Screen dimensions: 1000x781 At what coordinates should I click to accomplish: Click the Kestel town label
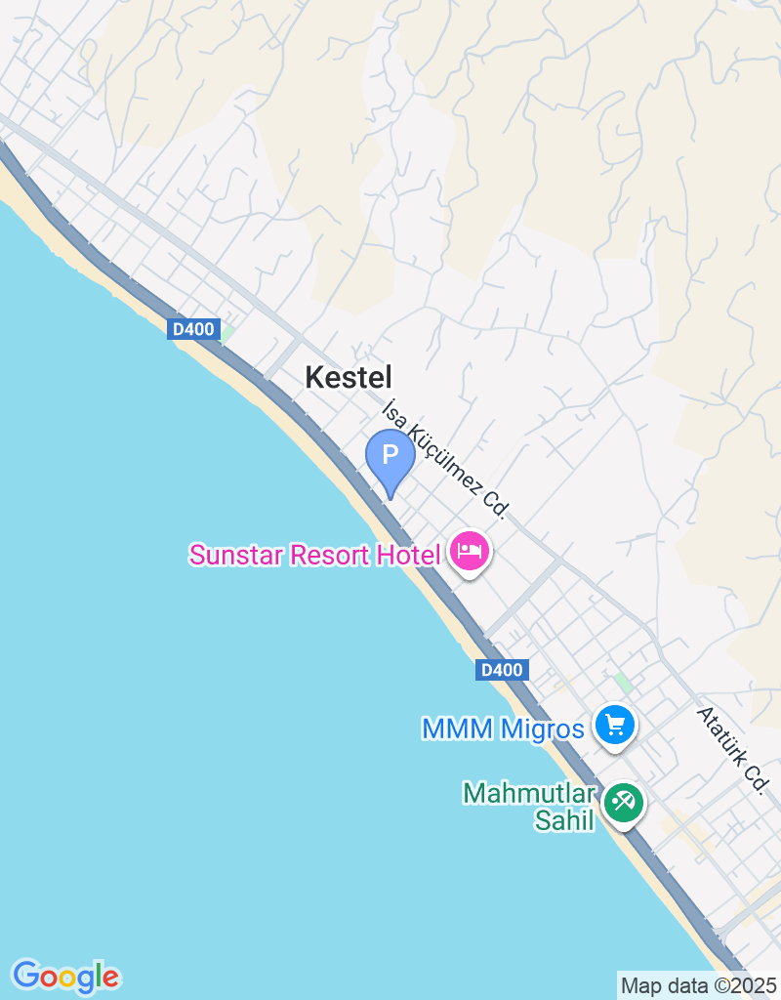point(349,377)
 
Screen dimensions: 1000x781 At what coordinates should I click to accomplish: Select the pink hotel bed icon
point(471,552)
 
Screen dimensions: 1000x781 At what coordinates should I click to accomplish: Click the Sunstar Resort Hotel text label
point(314,556)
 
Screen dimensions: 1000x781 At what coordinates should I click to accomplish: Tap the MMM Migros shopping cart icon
point(615,726)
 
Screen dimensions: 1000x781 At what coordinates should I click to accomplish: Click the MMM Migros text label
point(503,729)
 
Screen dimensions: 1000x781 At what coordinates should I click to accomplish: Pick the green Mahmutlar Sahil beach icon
point(622,804)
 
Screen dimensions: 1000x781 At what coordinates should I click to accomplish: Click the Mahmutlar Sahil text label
point(530,807)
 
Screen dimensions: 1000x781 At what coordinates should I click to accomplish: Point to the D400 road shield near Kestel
point(193,329)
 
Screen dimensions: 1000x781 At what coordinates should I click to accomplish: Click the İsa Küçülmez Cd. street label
point(446,457)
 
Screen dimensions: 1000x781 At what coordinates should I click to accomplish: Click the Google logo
point(65,976)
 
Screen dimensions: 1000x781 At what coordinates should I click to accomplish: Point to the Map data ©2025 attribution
point(698,985)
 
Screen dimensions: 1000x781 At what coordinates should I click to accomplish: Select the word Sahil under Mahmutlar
point(564,820)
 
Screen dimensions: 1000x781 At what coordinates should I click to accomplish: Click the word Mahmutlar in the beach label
point(530,792)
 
